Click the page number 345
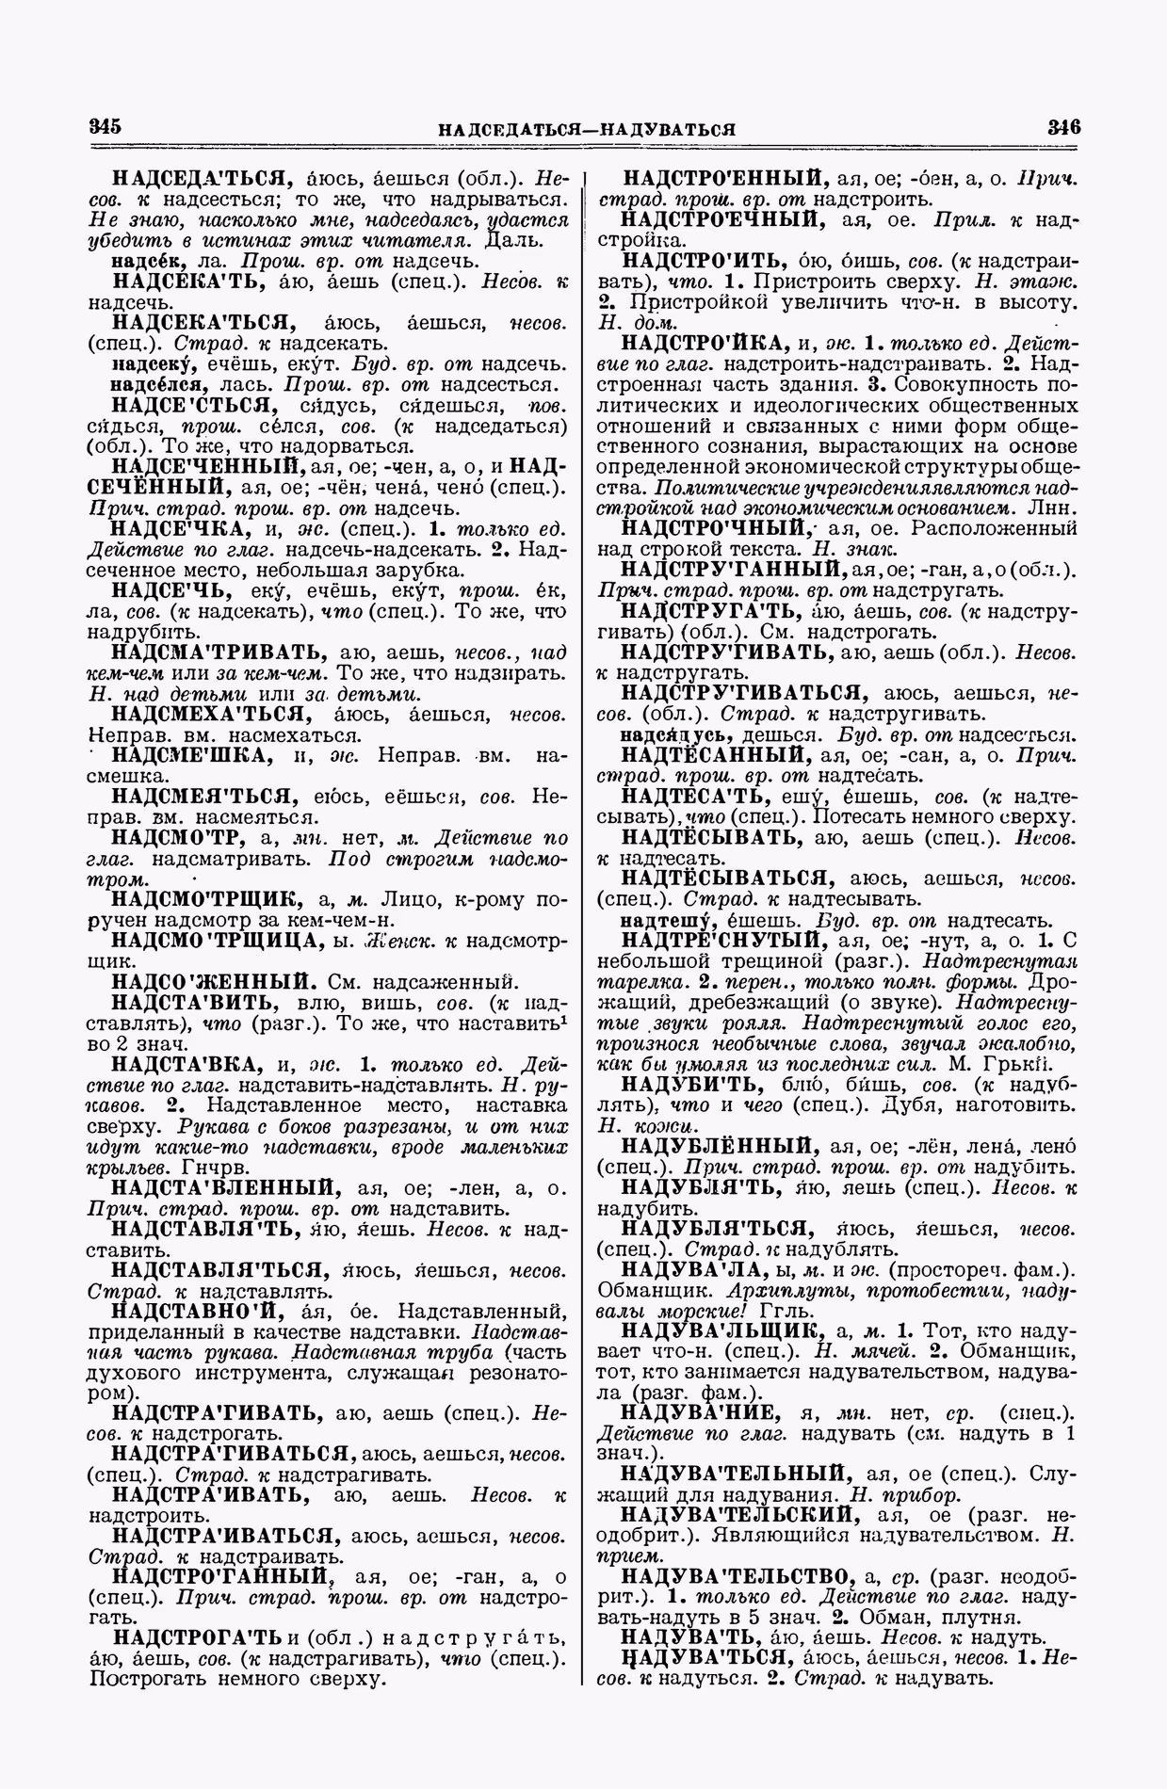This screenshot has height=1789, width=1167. [x=106, y=127]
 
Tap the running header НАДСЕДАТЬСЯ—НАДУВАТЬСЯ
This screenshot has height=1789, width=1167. [x=586, y=129]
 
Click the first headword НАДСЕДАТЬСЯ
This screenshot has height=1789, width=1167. [x=199, y=178]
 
